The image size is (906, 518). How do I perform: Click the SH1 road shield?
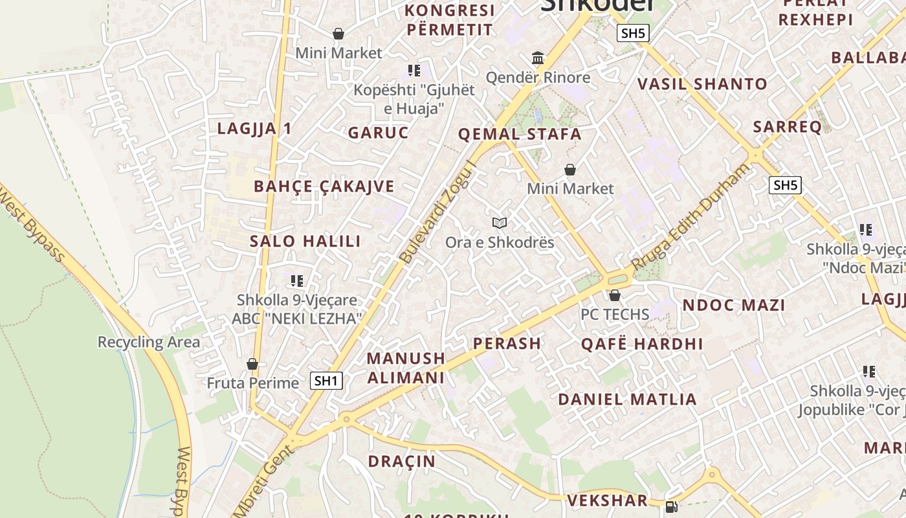326,380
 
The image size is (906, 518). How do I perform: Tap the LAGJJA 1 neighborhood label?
254,128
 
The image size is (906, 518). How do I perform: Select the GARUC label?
378,133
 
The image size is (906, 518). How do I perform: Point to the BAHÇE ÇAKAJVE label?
324,186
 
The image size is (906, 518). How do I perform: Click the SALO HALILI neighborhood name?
305,242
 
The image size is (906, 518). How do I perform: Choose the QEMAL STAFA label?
520,135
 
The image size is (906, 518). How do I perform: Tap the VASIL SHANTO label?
702,84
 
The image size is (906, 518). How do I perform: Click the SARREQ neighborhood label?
787,126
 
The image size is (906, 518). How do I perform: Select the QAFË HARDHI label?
641,344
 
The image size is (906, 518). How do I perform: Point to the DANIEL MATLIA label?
627,399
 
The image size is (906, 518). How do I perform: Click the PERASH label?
507,343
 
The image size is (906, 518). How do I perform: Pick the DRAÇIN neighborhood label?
401,462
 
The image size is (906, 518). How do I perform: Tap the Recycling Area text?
149,342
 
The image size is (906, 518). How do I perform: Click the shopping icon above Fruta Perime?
252,364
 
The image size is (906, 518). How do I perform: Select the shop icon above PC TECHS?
614,296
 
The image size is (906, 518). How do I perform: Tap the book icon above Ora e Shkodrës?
499,223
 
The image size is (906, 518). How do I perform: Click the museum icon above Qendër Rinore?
538,58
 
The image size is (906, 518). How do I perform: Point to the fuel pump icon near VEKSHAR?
672,507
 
